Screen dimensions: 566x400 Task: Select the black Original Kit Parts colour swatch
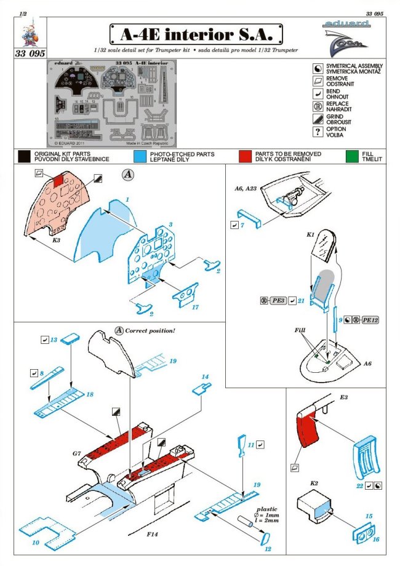click(x=25, y=156)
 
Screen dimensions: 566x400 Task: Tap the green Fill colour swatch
click(x=352, y=156)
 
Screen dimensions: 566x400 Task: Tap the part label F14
click(x=154, y=541)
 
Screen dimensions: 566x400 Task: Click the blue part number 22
click(x=359, y=485)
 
